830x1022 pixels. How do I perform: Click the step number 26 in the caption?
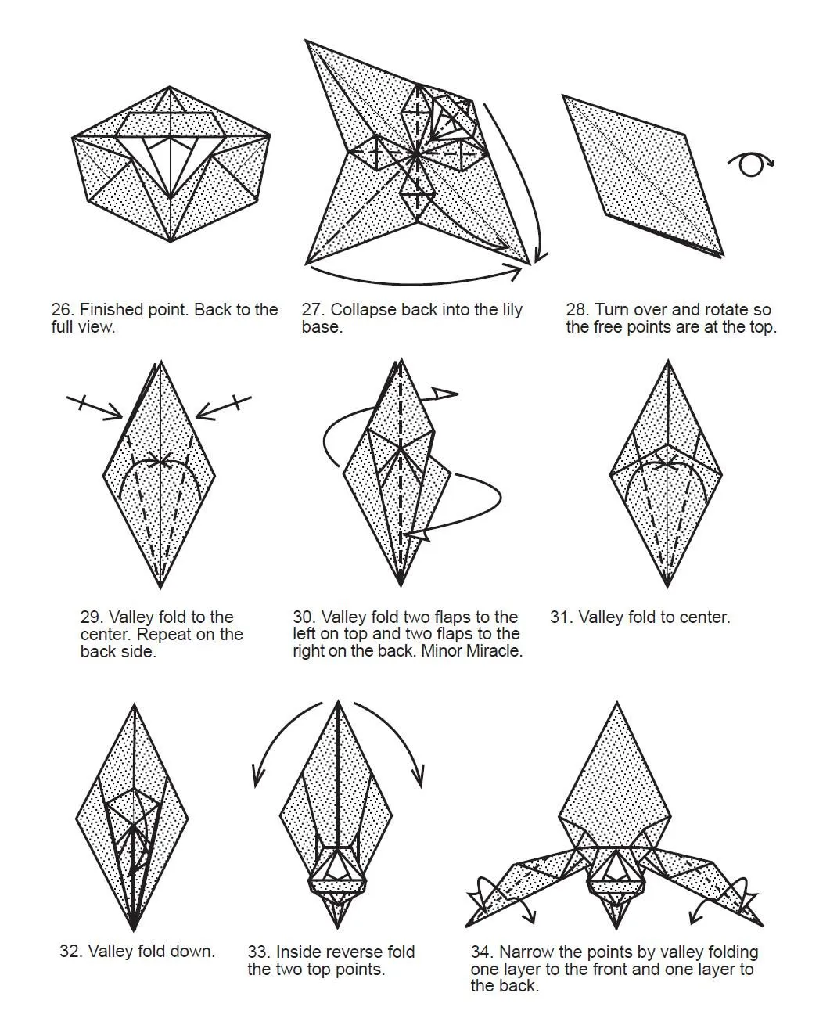point(62,310)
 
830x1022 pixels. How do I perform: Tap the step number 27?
point(312,310)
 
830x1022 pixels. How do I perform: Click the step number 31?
point(561,617)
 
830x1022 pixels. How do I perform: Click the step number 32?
point(70,951)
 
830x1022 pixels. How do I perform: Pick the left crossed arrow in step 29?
point(95,408)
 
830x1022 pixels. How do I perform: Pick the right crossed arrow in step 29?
point(224,407)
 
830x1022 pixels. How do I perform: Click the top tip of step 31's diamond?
point(668,362)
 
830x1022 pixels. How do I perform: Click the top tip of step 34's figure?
point(616,703)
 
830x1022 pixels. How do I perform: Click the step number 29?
point(91,617)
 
